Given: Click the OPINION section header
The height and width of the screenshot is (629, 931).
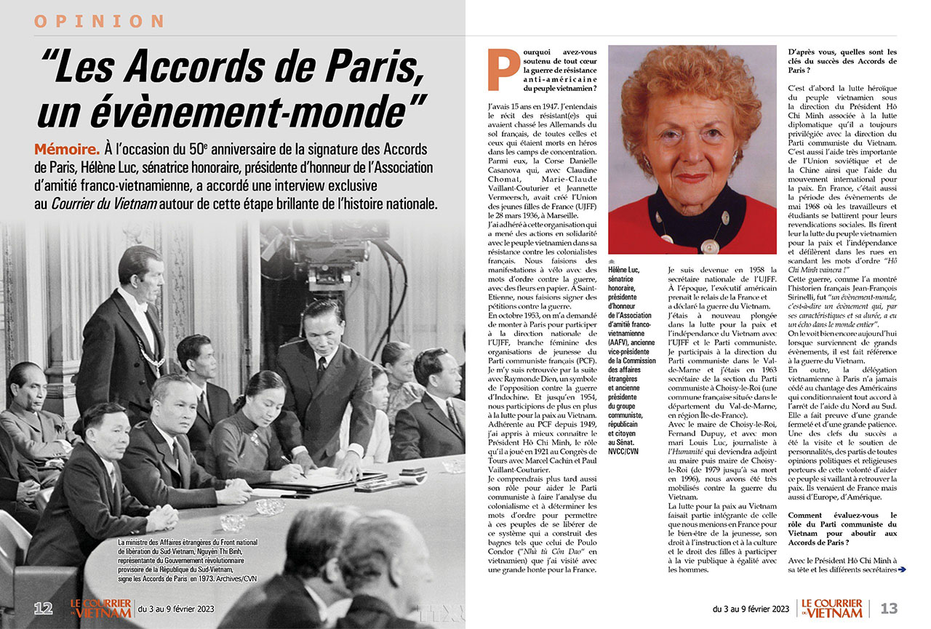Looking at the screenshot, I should click(x=100, y=21).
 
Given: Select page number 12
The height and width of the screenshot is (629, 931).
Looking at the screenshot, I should click(x=43, y=608).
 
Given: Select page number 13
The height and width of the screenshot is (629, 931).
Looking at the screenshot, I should click(x=889, y=609).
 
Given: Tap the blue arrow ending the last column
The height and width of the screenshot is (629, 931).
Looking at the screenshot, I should click(x=902, y=569).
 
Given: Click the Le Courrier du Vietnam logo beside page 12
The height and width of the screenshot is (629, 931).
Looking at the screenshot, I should click(x=101, y=608).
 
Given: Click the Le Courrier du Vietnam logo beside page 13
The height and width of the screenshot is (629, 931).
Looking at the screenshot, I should click(x=829, y=608).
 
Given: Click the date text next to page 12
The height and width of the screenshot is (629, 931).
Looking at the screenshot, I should click(x=175, y=609).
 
